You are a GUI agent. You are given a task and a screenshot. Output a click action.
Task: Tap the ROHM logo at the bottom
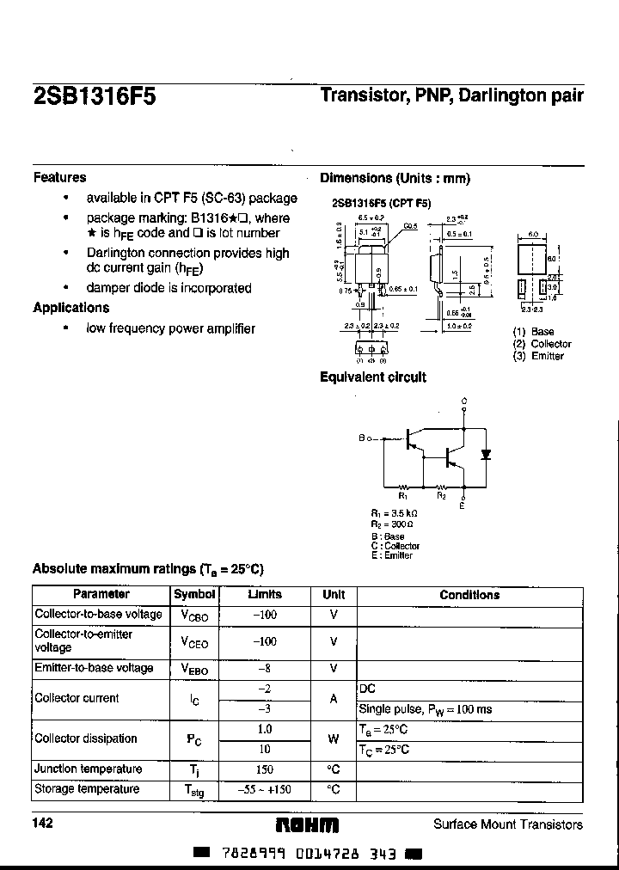[x=307, y=824]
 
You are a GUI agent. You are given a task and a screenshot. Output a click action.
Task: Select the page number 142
[x=43, y=824]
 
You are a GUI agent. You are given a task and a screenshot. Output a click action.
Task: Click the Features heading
[x=59, y=177]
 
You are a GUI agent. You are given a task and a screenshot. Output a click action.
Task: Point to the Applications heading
[x=70, y=308]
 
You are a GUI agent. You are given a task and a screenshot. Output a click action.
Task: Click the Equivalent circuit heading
[x=372, y=377]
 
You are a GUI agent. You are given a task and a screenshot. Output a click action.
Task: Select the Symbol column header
[x=194, y=595]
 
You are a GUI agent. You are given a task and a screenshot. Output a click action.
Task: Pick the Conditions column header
[x=469, y=595]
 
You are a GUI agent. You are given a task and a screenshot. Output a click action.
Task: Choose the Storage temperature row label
[x=87, y=789]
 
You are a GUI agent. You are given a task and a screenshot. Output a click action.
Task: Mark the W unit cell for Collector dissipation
[x=334, y=738]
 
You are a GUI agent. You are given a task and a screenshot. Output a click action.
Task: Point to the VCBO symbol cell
[x=194, y=616]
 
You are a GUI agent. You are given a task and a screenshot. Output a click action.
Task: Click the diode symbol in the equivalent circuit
[x=486, y=454]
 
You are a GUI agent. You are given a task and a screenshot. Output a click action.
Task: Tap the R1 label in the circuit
[x=402, y=496]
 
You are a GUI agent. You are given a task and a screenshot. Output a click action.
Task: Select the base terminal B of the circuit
[x=362, y=438]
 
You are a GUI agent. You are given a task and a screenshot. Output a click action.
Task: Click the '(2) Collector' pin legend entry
[x=542, y=344]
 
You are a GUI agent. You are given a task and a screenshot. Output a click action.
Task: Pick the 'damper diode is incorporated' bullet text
[x=169, y=288]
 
